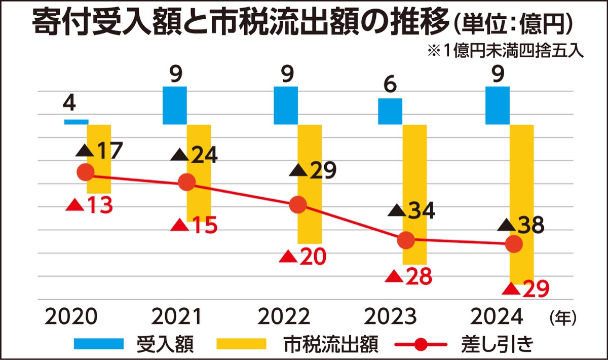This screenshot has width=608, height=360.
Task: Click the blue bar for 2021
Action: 175,105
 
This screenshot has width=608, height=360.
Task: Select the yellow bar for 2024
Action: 521,203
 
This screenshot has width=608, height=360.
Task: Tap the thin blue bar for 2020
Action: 76,122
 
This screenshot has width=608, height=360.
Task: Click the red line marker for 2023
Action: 406,241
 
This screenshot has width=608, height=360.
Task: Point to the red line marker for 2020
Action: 86,173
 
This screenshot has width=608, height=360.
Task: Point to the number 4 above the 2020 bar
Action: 69,104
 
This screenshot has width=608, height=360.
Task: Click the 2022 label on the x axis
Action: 284,317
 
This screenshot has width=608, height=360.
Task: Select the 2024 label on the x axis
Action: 497,317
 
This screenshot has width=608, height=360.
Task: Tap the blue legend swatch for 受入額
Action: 99,344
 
